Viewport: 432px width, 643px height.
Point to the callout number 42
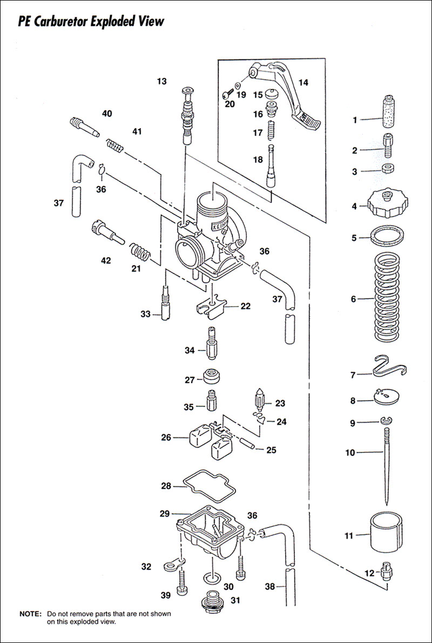(105, 260)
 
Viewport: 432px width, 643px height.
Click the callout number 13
(162, 82)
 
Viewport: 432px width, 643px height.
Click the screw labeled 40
(84, 128)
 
